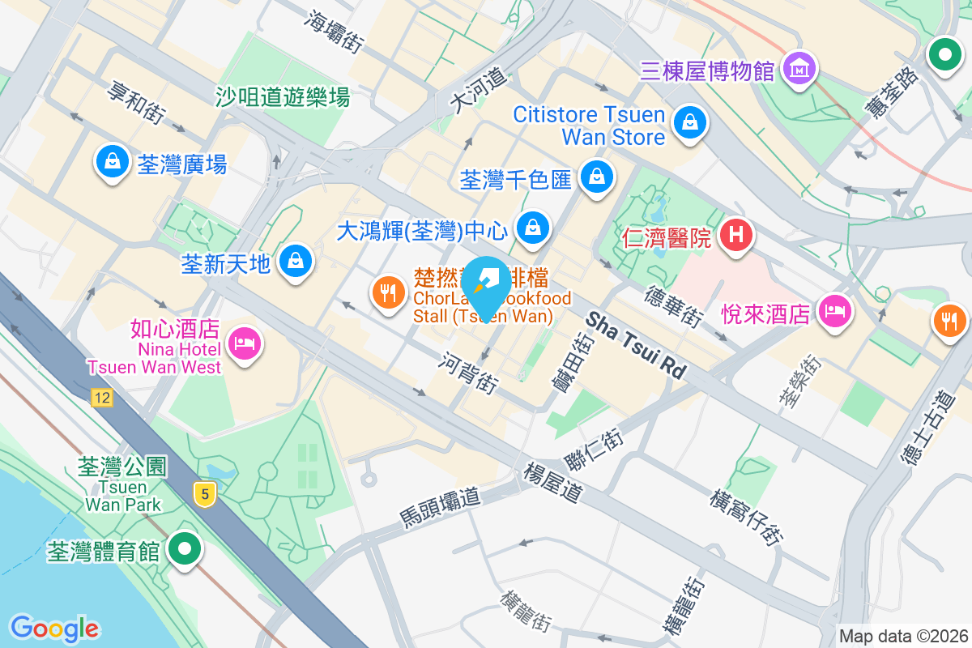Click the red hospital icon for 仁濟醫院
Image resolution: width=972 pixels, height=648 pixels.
pyautogui.click(x=736, y=236)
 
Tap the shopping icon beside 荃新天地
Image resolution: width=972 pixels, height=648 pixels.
pyautogui.click(x=296, y=261)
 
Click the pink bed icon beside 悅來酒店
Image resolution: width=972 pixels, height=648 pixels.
pyautogui.click(x=835, y=311)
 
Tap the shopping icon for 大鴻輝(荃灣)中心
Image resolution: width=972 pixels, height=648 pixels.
pyautogui.click(x=534, y=228)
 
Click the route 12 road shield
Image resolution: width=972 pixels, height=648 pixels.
pyautogui.click(x=101, y=398)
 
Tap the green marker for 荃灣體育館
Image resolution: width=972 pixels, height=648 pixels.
pyautogui.click(x=185, y=548)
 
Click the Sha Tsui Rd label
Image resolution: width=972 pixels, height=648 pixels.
pyautogui.click(x=636, y=345)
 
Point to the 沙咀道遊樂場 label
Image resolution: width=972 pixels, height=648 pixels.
pyautogui.click(x=283, y=98)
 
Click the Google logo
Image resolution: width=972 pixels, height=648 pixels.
pyautogui.click(x=54, y=628)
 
